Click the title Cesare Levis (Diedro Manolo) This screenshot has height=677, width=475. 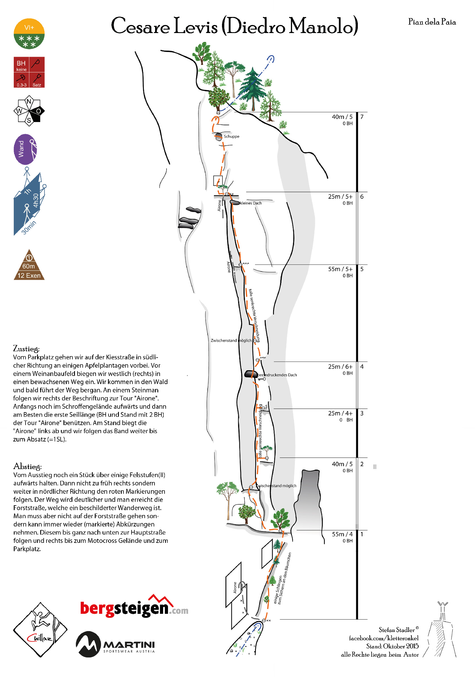point(234,26)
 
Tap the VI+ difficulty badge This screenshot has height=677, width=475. point(29,34)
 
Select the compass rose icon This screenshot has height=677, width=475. point(29,111)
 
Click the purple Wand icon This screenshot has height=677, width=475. point(25,149)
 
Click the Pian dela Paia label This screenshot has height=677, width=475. point(432,22)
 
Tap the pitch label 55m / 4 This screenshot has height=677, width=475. point(342,534)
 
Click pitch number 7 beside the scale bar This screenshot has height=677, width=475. point(362,117)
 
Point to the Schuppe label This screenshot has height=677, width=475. point(231,136)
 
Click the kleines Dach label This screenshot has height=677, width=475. point(251,203)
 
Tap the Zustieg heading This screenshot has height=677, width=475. point(26,348)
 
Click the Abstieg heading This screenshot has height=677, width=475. point(27,466)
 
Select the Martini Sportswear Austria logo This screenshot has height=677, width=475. point(115,644)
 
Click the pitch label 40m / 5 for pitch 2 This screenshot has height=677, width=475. point(342,464)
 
